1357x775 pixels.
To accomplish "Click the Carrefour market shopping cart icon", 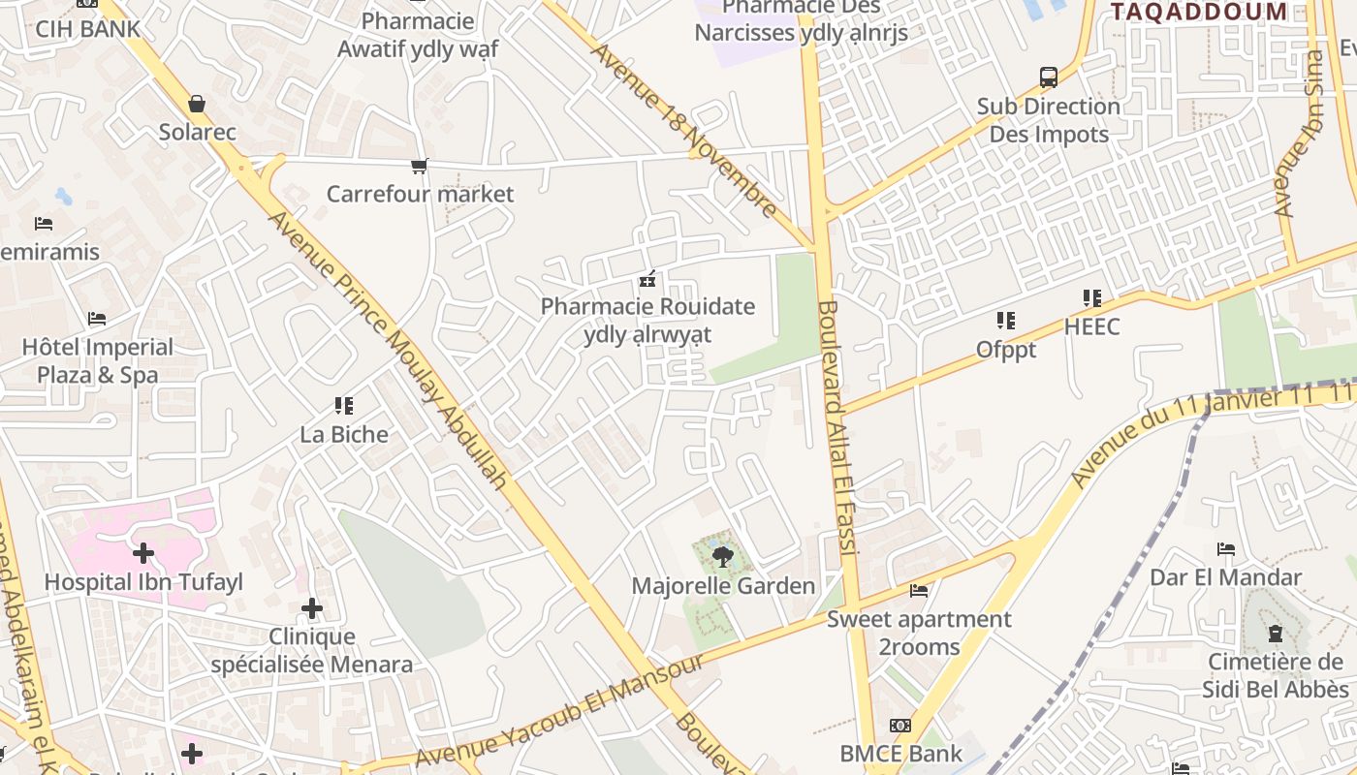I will click(x=419, y=167).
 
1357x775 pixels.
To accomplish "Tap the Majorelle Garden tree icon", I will click(x=722, y=556).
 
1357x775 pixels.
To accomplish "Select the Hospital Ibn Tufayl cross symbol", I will click(x=143, y=553).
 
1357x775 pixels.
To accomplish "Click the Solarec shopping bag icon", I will click(x=197, y=104).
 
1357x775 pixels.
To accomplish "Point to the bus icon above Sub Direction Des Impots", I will click(x=1048, y=77).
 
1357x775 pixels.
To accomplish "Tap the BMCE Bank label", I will click(x=900, y=753).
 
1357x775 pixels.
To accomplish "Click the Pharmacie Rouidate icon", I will click(x=647, y=279).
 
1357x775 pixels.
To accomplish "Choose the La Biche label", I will click(x=344, y=434).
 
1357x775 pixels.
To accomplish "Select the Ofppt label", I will click(x=1005, y=350).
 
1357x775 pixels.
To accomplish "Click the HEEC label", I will click(x=1091, y=326).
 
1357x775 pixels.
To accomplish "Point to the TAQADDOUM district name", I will click(x=1198, y=12).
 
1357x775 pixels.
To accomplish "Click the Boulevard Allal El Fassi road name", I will click(x=836, y=426).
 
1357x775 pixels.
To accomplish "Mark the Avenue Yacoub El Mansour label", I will click(x=559, y=711).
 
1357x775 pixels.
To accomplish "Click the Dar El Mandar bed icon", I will click(x=1225, y=549).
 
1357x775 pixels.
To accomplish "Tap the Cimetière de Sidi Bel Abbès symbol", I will click(x=1275, y=634).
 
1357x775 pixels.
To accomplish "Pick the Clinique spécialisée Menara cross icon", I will click(x=311, y=608).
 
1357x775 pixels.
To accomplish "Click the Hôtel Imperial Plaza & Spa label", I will click(x=98, y=360).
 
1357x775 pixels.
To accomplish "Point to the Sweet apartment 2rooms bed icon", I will click(x=918, y=590).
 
